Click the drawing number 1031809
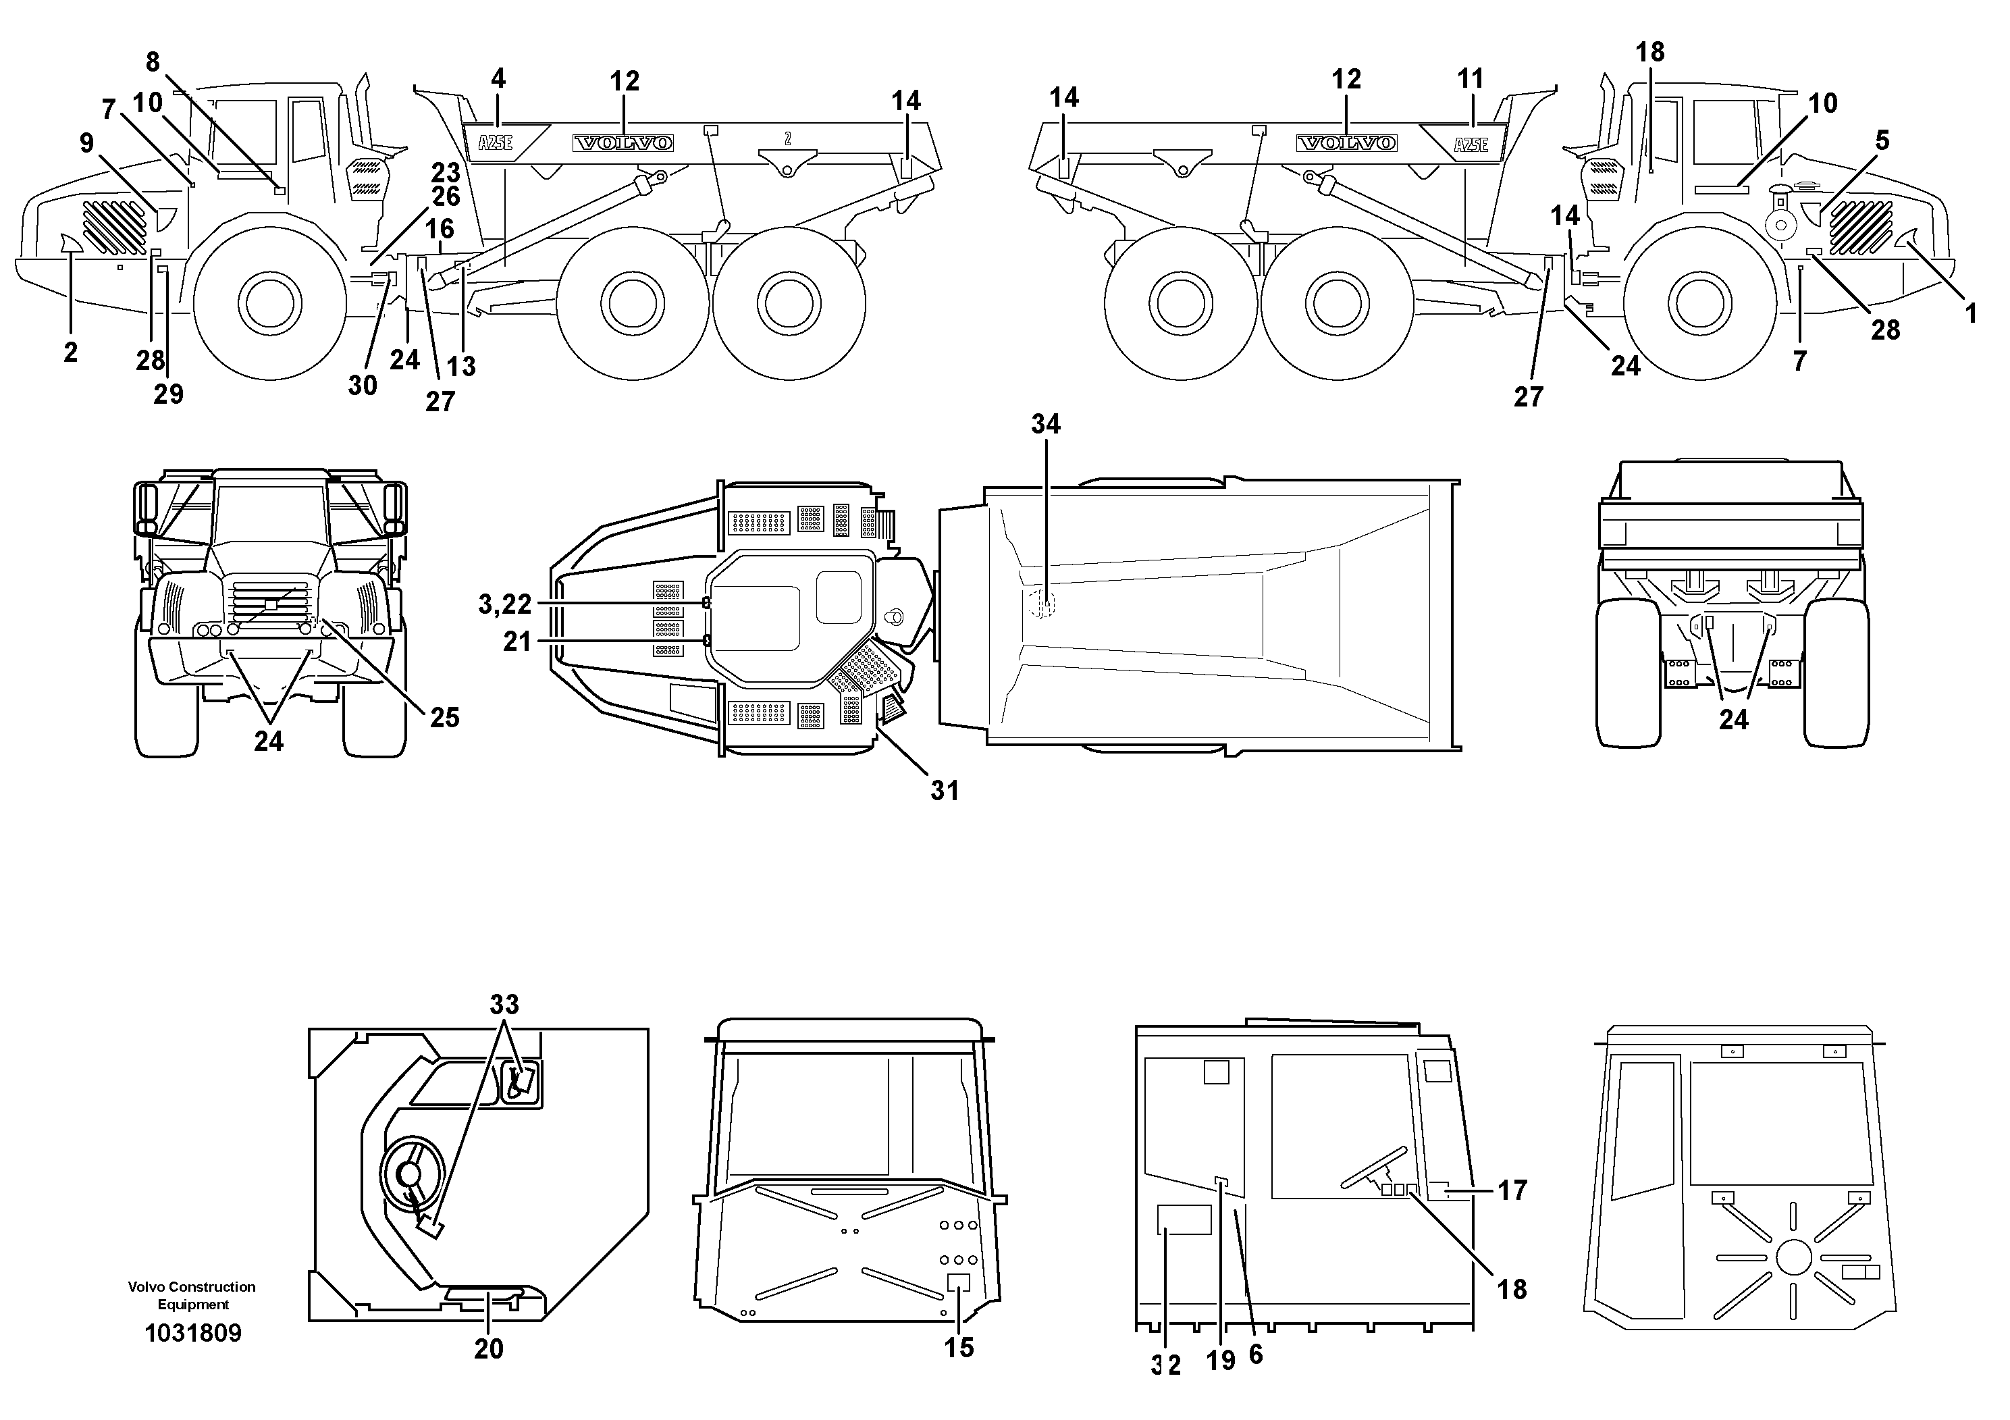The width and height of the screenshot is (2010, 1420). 192,1334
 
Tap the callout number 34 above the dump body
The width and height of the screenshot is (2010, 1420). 1045,425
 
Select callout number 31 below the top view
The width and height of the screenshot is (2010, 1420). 945,791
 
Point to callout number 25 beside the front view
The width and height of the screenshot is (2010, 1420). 444,718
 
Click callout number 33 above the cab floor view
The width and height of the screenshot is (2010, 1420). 504,1004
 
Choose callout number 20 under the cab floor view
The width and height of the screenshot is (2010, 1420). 489,1349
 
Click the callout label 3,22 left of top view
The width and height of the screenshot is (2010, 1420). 504,604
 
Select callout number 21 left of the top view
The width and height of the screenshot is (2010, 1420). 517,643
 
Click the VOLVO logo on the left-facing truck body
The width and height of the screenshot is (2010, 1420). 623,142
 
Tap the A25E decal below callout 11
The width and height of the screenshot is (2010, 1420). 1471,144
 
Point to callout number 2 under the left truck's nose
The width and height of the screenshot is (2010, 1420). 70,353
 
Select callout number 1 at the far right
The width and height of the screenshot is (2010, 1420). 1972,313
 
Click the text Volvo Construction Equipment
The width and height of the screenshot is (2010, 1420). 192,1296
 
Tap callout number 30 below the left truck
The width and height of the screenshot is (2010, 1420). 363,385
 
